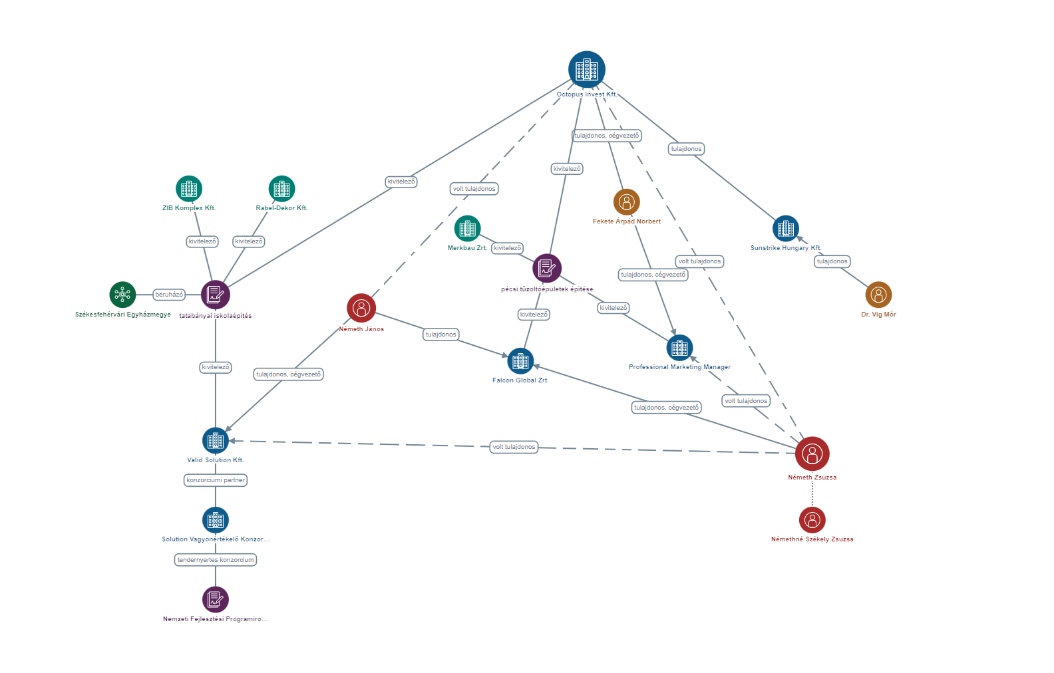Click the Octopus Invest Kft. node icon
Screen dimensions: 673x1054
pyautogui.click(x=586, y=69)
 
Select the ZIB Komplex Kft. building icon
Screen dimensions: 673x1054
pyautogui.click(x=189, y=189)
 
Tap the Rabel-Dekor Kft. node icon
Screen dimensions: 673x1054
pyautogui.click(x=281, y=189)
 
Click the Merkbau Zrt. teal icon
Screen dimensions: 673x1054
pyautogui.click(x=467, y=229)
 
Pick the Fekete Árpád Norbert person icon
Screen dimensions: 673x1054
pyautogui.click(x=626, y=202)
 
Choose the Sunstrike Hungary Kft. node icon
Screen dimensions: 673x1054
pyautogui.click(x=785, y=229)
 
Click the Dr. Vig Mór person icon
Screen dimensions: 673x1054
pyautogui.click(x=878, y=295)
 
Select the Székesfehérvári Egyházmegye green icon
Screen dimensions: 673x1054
pyautogui.click(x=122, y=295)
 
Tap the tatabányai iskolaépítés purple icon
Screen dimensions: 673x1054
pyautogui.click(x=215, y=295)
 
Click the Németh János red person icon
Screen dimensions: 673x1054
pyautogui.click(x=361, y=308)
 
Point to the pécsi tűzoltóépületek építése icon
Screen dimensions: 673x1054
pyautogui.click(x=547, y=268)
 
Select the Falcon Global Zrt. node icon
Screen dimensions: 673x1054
pyautogui.click(x=520, y=361)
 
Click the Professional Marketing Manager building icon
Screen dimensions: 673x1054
pyautogui.click(x=679, y=348)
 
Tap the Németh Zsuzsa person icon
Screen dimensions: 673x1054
pyautogui.click(x=812, y=454)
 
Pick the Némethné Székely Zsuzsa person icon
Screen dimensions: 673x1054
pyautogui.click(x=812, y=520)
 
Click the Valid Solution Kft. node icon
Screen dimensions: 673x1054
pyautogui.click(x=215, y=440)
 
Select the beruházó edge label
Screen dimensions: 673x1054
pyautogui.click(x=169, y=295)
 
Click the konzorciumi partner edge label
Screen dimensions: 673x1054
pyautogui.click(x=215, y=480)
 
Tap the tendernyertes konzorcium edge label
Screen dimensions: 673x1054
pyautogui.click(x=215, y=560)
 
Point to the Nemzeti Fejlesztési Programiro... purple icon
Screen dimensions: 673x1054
pyautogui.click(x=215, y=599)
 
